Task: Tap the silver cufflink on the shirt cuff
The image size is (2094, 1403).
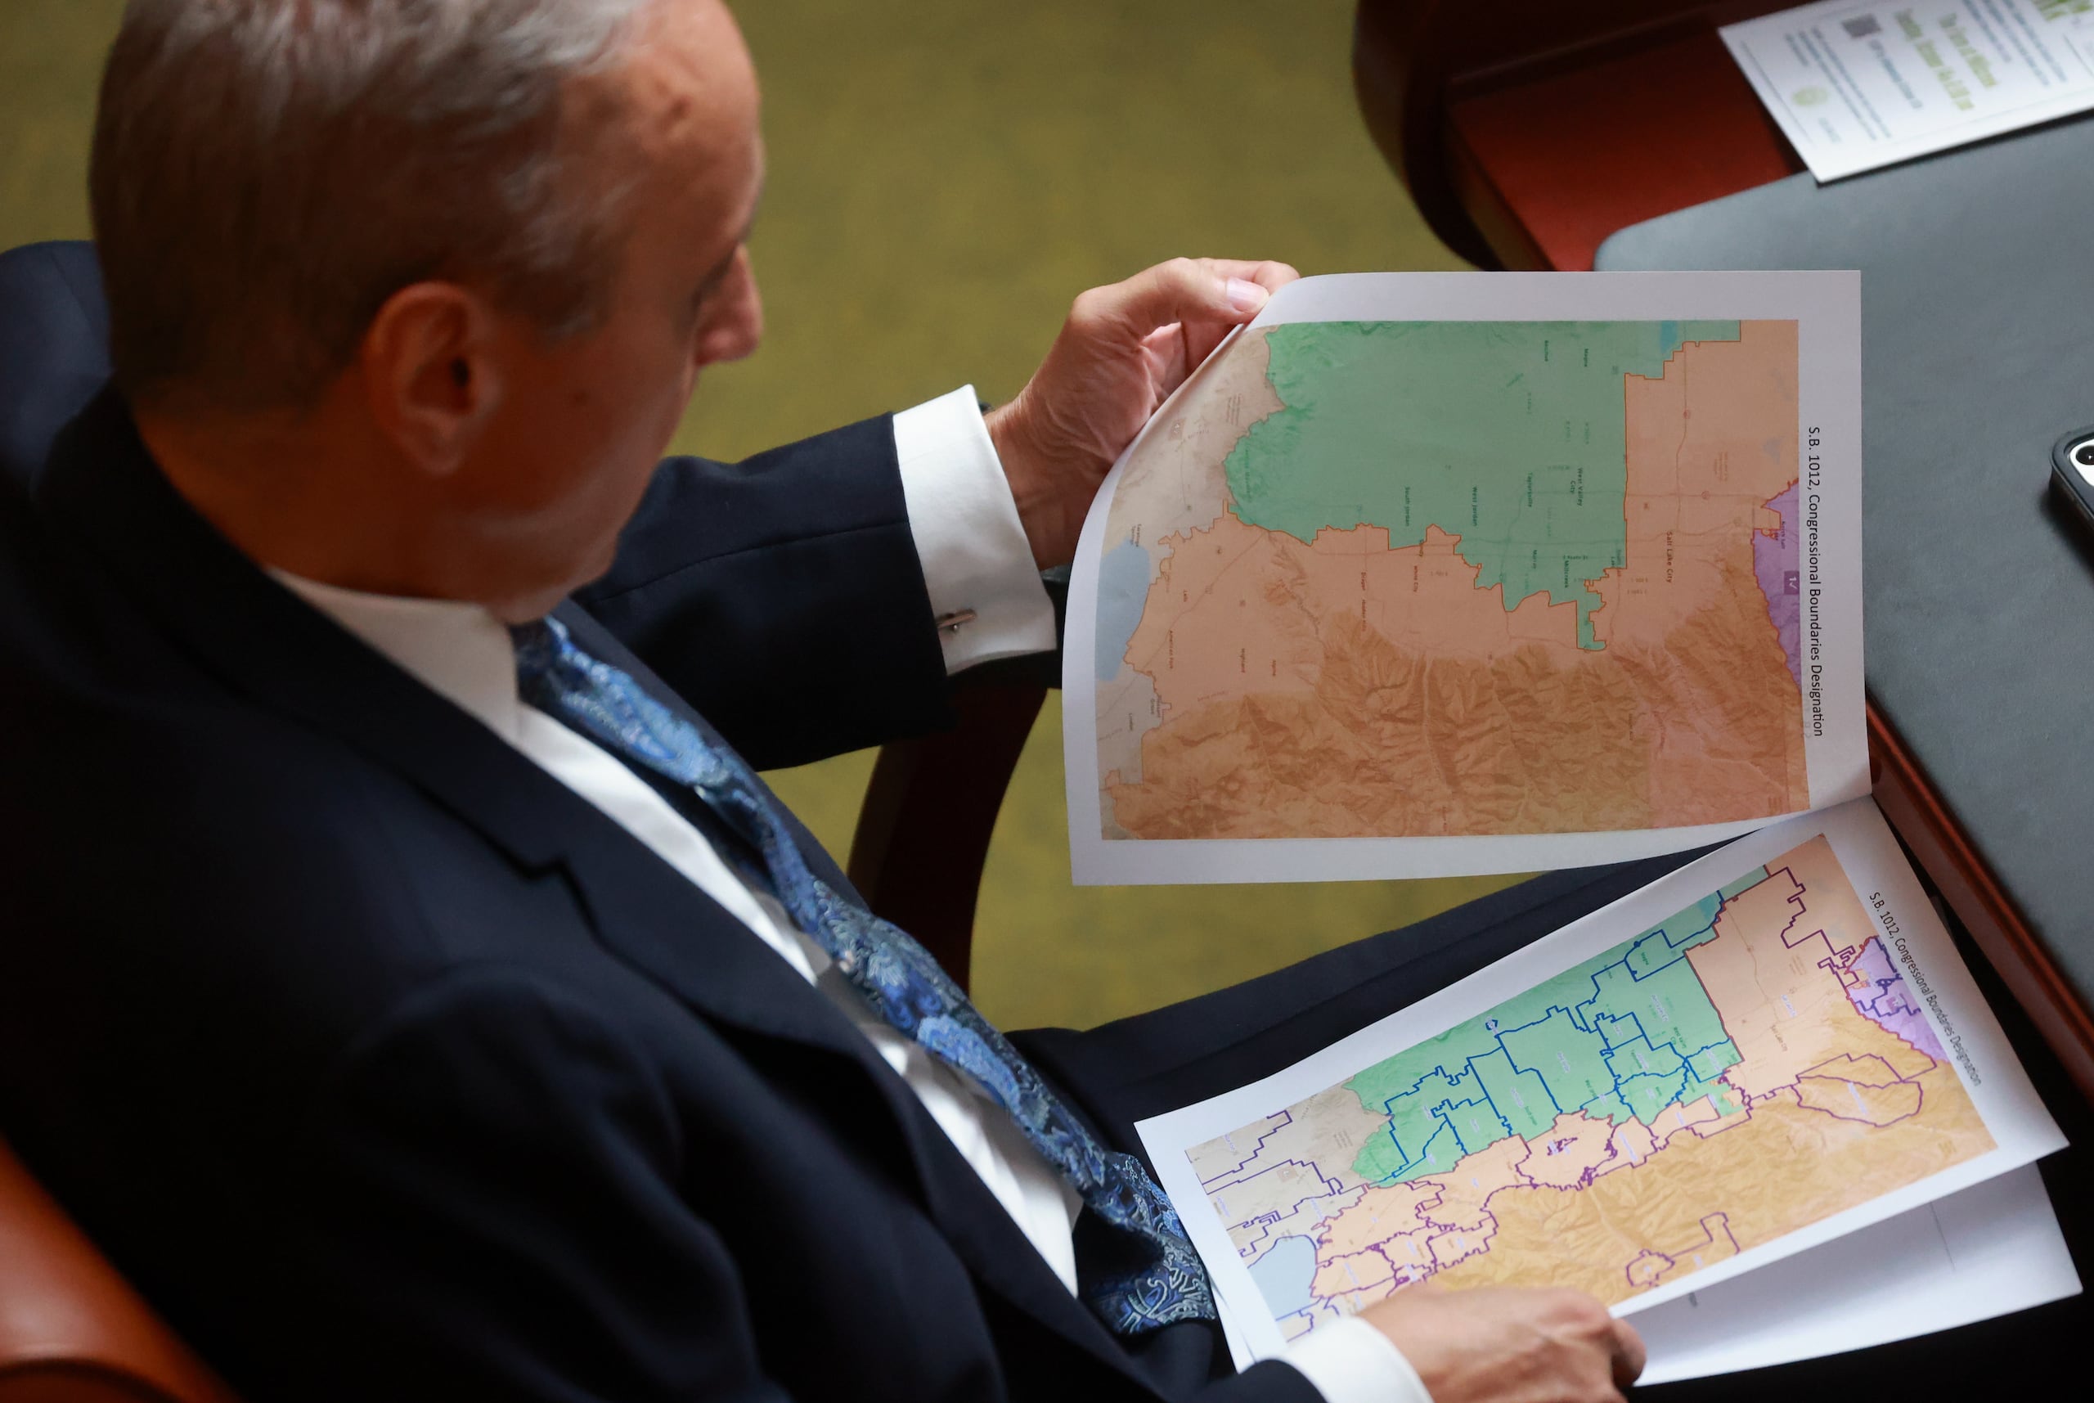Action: [x=956, y=619]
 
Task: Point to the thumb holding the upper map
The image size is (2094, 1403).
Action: [x=1243, y=295]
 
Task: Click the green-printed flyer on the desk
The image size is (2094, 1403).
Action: [x=1905, y=80]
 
